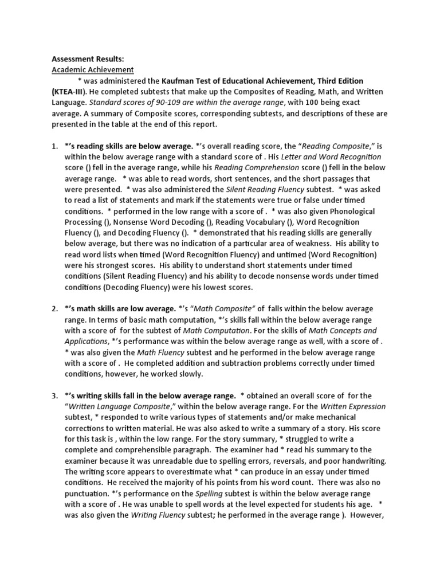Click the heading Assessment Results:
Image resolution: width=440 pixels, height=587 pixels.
coord(88,59)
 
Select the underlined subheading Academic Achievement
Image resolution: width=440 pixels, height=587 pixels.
coord(92,70)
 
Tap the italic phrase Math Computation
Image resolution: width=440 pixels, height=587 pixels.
coord(217,331)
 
